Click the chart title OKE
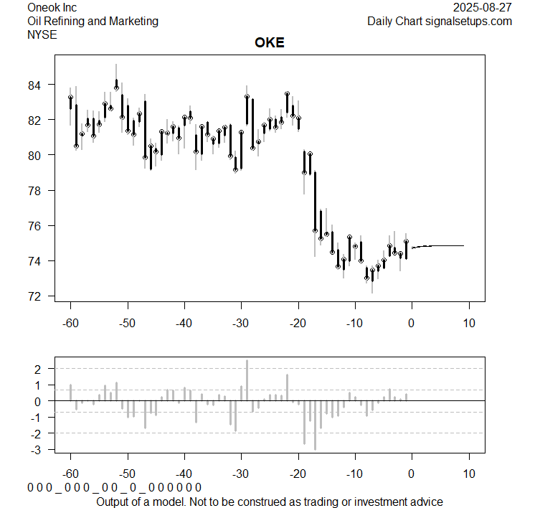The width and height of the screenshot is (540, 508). (x=270, y=42)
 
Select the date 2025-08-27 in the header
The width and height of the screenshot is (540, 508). (x=483, y=7)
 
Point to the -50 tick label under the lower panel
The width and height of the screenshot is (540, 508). (x=127, y=474)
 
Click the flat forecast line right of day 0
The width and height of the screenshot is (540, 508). (x=445, y=245)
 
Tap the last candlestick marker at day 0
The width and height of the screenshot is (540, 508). (x=406, y=242)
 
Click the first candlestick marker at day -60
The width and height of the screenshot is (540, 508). (x=70, y=98)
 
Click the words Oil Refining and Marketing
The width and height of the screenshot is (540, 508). (x=93, y=21)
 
